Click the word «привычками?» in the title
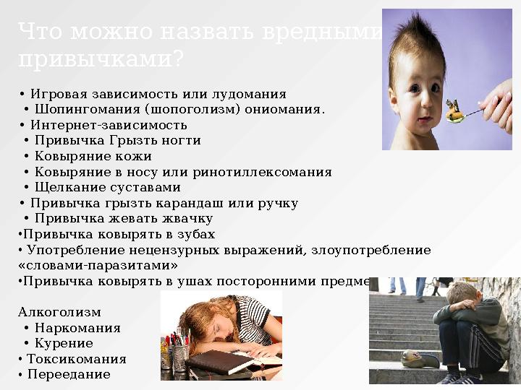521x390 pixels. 101,60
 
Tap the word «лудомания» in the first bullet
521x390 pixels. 249,94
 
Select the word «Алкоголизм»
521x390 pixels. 59,313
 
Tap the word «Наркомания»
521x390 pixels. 77,329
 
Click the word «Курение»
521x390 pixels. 64,344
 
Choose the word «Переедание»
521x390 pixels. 68,375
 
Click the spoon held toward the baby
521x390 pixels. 463,113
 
